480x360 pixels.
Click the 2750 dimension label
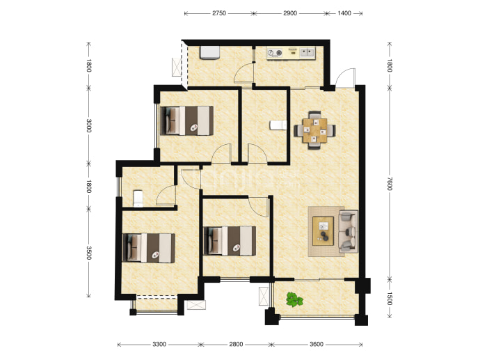click(219, 13)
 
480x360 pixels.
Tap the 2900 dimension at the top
click(290, 13)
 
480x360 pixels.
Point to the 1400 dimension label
click(344, 13)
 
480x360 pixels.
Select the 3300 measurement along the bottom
click(159, 345)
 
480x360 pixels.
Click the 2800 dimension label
click(236, 345)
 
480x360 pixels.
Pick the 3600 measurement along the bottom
click(317, 345)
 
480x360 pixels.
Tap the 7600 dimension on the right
click(390, 184)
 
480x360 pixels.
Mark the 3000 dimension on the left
click(89, 125)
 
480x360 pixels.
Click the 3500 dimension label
click(89, 253)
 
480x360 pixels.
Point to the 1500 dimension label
click(390, 299)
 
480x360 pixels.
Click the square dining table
click(314, 130)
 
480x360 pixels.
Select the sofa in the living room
click(348, 231)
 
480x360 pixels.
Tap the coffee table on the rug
click(323, 231)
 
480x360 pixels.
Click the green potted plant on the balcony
click(294, 299)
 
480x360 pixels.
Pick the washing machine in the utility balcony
click(209, 52)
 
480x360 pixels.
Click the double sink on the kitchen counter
click(307, 53)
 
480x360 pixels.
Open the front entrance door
click(345, 78)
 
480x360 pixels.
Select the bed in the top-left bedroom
click(186, 120)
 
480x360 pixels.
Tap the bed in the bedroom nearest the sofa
click(230, 241)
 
